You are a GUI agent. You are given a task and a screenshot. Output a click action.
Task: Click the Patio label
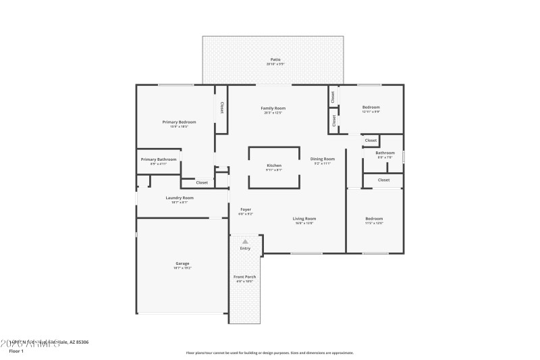pos(275,60)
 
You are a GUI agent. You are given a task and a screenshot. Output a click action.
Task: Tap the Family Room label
pos(274,108)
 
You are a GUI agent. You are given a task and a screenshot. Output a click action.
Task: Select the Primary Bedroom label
pos(179,122)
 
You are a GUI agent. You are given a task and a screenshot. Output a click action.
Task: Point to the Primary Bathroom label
pos(159,159)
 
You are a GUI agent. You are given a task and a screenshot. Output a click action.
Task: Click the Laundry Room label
pos(180,198)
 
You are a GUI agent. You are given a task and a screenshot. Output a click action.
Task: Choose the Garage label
pos(182,263)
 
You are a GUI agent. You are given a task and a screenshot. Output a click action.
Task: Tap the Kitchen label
pos(274,165)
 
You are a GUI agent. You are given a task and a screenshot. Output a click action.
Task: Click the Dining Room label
pos(323,159)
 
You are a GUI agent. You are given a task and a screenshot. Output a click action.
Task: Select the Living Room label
pos(304,218)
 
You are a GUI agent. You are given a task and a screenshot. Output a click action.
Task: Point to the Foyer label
pos(246,209)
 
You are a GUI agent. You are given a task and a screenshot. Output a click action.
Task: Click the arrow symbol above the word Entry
pos(245,241)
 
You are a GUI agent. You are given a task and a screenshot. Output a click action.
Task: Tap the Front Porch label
pos(245,277)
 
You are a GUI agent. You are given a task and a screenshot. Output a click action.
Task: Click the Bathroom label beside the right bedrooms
pos(385,153)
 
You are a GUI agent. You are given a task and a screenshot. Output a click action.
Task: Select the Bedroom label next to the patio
pos(371,107)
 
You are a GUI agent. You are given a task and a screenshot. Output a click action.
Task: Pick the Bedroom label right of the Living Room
pos(374,218)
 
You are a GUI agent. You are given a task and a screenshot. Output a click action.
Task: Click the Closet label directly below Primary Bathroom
pos(202,182)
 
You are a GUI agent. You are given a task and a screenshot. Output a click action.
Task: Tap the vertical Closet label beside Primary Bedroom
pos(221,107)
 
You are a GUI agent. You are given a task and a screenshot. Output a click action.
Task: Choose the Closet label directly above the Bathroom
pos(371,140)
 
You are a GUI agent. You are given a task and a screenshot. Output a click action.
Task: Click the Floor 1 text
pos(16,351)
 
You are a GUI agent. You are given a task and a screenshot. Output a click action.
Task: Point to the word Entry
pos(245,249)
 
